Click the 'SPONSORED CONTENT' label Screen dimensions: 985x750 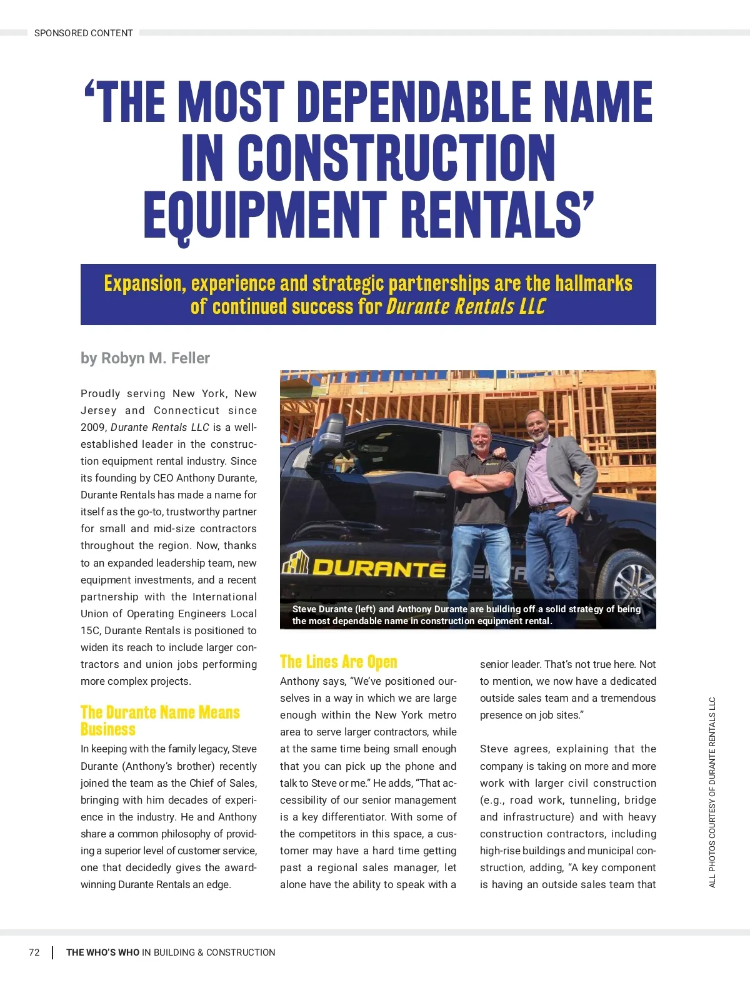click(x=83, y=33)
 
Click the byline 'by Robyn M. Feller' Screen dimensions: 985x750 click(x=145, y=358)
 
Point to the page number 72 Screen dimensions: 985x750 click(x=34, y=952)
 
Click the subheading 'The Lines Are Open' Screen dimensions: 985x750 click(x=338, y=662)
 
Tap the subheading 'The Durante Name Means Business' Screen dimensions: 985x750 click(x=160, y=720)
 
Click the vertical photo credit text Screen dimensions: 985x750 click(x=712, y=792)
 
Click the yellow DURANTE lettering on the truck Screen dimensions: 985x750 click(x=378, y=568)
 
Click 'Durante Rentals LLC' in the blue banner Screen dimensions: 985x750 click(x=466, y=307)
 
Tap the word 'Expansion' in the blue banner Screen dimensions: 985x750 click(x=144, y=284)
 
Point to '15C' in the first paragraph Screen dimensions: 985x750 click(x=91, y=630)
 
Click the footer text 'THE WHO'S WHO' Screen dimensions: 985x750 click(x=103, y=952)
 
